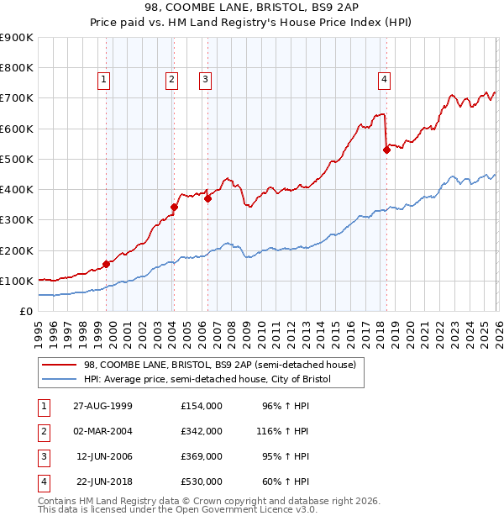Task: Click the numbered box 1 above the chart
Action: pos(103,80)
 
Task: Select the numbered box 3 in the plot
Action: pos(205,80)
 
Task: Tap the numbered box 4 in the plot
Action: pos(384,80)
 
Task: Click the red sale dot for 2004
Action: pos(174,207)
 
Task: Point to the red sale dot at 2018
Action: pos(386,150)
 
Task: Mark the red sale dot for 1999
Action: pos(107,264)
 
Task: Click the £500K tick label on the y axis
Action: pos(16,159)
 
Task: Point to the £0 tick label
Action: pos(26,311)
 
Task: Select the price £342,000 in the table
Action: pos(202,430)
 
